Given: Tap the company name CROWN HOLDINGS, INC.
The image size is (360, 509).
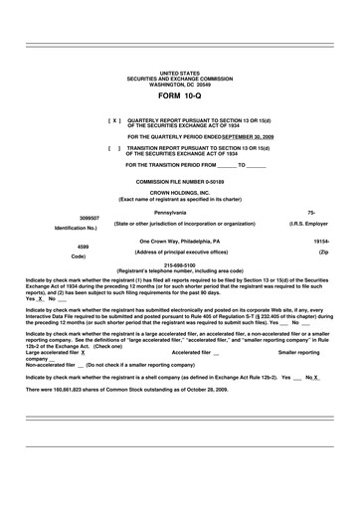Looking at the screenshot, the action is coord(179,193).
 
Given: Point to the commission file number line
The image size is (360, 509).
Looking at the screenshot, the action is coord(179,182).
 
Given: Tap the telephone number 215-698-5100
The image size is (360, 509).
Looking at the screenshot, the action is coord(179,265).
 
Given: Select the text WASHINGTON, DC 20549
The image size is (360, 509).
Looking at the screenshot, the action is coord(179,85).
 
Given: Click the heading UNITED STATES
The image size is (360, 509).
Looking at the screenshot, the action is coord(179,74).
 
